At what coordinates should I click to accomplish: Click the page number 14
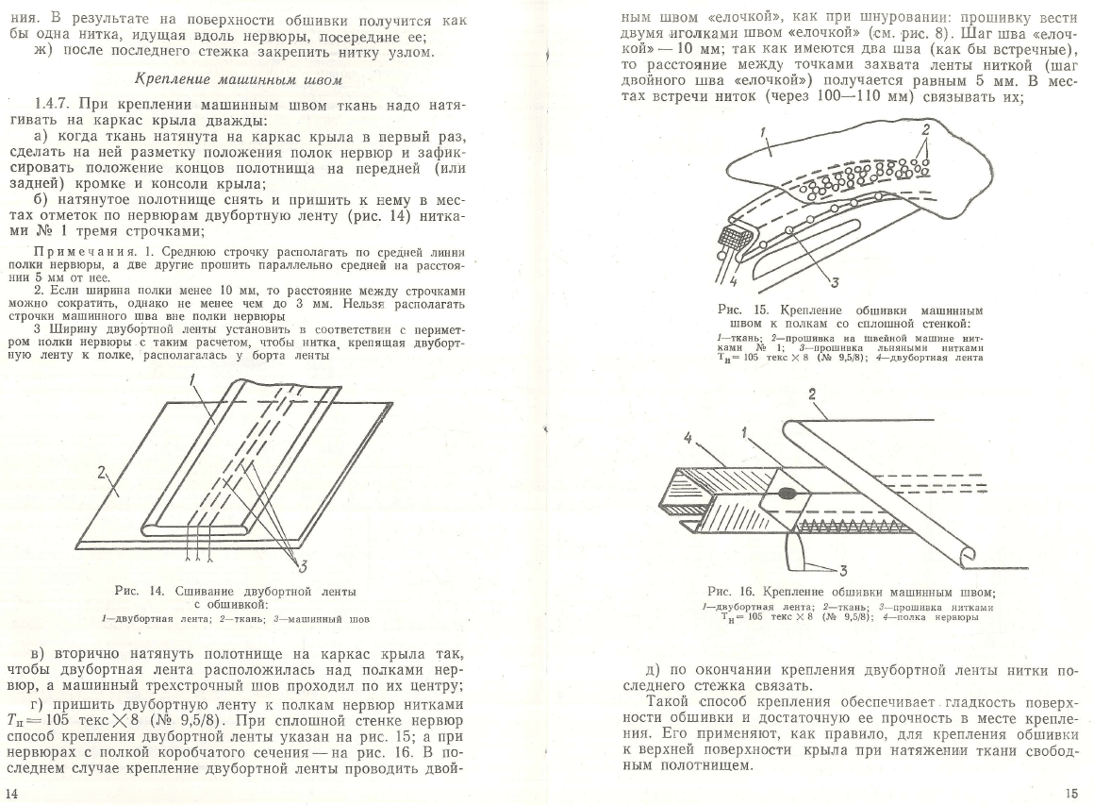[11, 793]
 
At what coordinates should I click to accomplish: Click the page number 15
[1071, 793]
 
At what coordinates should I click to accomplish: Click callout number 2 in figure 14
[102, 476]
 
